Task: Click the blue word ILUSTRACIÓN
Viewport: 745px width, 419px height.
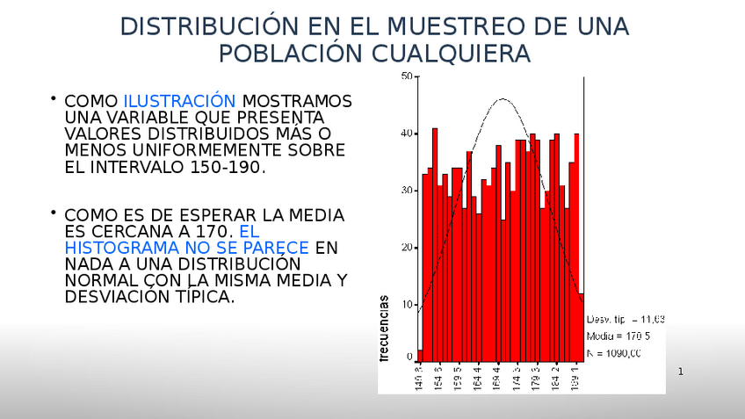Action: pos(179,102)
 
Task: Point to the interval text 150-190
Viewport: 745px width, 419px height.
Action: pos(225,168)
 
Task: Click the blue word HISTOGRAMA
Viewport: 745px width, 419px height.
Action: pos(119,248)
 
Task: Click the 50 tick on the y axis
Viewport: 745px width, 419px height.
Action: pos(407,76)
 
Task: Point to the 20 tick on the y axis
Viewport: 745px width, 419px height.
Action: pos(407,248)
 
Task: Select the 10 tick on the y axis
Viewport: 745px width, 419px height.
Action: pos(407,305)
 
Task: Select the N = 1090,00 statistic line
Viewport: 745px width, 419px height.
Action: pos(613,353)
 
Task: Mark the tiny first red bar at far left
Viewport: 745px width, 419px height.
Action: pos(420,356)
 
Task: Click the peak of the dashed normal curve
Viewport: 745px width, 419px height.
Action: pos(502,99)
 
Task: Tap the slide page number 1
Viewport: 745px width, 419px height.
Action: pos(680,372)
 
